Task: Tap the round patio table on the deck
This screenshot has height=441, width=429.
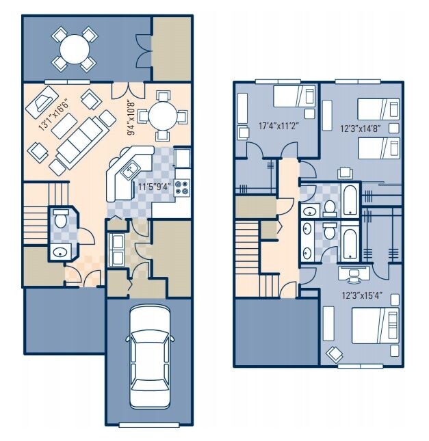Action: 75,49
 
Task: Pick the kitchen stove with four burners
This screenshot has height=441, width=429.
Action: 182,186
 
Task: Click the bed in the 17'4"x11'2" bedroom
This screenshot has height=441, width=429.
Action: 294,96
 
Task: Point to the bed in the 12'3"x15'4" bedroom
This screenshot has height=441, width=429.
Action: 374,327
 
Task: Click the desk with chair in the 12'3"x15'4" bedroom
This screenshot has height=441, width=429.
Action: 354,275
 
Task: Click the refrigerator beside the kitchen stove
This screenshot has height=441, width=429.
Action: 181,158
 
